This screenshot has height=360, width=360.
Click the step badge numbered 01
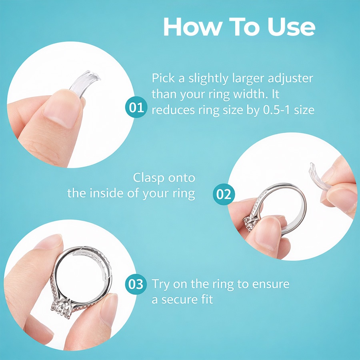coord(136,107)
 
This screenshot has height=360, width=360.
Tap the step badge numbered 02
coord(224,194)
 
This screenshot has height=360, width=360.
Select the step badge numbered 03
coord(136,284)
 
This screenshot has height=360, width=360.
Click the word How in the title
coord(193,27)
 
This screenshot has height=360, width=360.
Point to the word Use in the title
coord(291,27)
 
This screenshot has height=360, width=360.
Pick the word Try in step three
coord(161,284)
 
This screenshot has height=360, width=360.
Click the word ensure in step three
coord(271,284)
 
